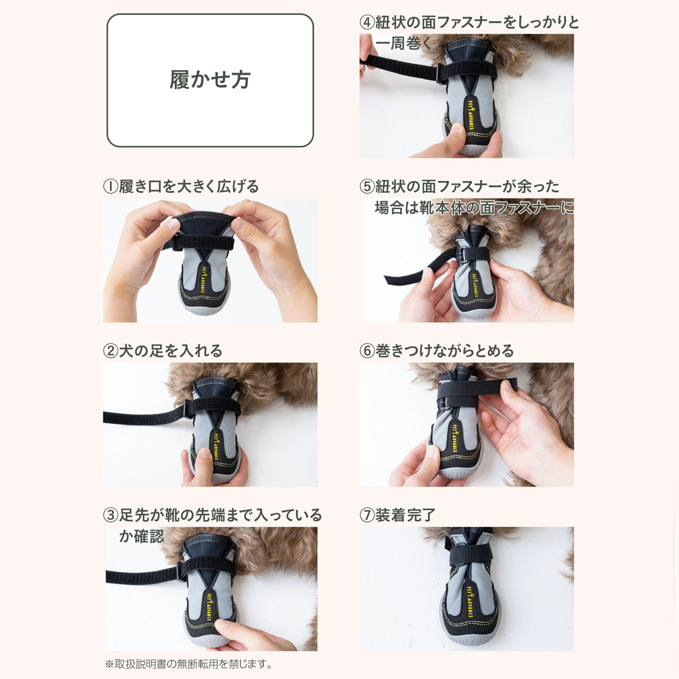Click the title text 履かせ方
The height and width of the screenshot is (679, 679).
click(x=210, y=80)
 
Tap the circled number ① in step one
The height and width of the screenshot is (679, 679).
click(x=110, y=187)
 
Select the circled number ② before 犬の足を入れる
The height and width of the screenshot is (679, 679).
click(x=110, y=351)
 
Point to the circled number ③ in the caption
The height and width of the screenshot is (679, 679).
click(x=110, y=515)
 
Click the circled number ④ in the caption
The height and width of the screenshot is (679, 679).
click(x=367, y=23)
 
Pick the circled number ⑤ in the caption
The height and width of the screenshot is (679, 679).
click(x=367, y=187)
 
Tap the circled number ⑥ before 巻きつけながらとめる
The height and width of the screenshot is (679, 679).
click(x=367, y=351)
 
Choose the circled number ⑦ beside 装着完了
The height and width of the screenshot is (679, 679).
click(x=367, y=515)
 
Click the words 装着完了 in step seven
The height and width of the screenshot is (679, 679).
click(x=405, y=515)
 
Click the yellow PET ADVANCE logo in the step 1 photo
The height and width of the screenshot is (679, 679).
click(x=203, y=279)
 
